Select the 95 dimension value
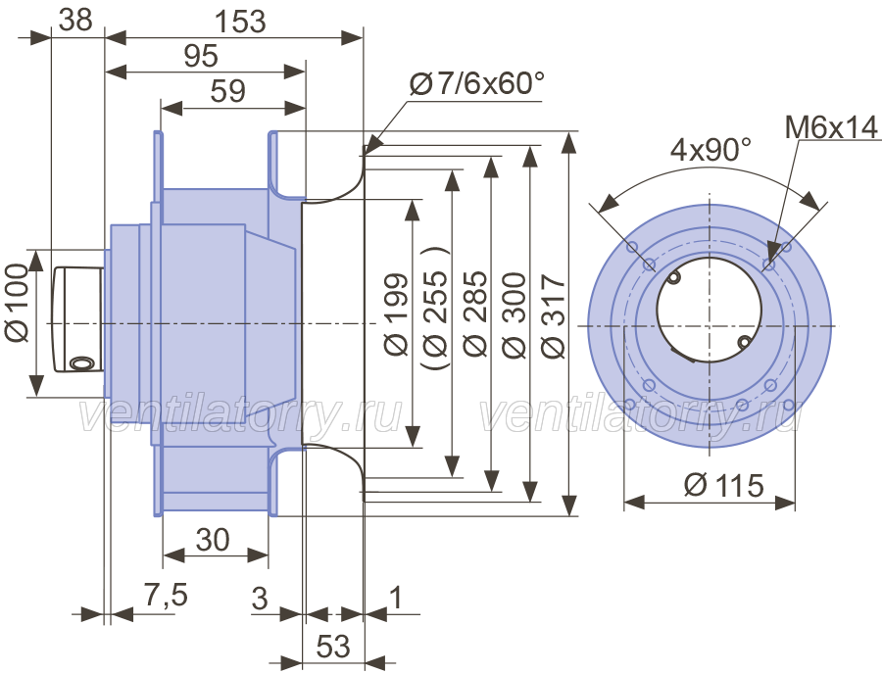pos(200,58)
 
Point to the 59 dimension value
pos(227,92)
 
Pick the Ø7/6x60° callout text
pos(476,86)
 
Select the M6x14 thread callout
pos(832,126)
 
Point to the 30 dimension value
pos(214,540)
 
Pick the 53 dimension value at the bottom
pos(333,647)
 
